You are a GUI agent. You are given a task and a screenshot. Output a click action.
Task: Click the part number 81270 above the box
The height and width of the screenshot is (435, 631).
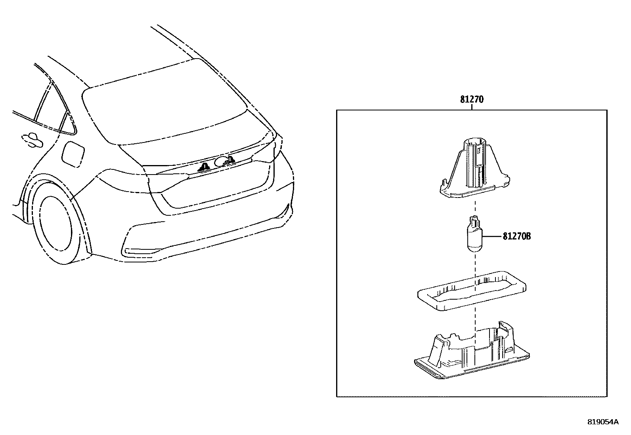[x=472, y=99]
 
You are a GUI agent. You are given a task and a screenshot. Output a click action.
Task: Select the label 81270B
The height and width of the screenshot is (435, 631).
[x=516, y=237]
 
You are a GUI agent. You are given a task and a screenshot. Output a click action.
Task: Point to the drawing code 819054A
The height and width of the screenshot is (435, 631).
[x=603, y=422]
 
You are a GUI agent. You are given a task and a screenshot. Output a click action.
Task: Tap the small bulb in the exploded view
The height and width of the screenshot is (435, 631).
[x=473, y=236]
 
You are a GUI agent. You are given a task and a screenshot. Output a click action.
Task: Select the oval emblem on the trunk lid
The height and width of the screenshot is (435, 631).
[x=219, y=161]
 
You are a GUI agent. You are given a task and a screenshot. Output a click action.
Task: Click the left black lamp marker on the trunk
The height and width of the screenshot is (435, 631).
[x=205, y=168]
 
